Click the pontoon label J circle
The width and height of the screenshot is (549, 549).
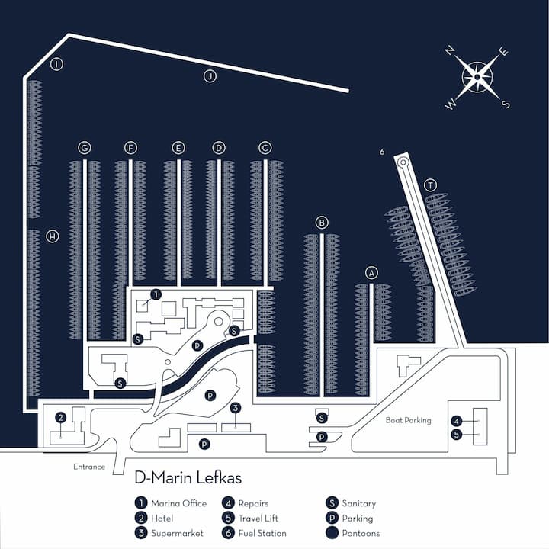(210, 75)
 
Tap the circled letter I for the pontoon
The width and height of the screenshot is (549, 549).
(56, 65)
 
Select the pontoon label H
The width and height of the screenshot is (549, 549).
(52, 236)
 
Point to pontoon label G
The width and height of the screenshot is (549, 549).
(85, 147)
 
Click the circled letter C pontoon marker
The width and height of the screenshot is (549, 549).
(265, 147)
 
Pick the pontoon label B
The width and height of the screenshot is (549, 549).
(322, 223)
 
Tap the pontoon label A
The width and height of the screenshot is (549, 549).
(371, 272)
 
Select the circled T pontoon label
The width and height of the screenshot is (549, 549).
(430, 185)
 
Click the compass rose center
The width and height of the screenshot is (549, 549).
(477, 77)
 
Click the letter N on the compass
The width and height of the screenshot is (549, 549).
(451, 50)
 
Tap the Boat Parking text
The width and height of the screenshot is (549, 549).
(408, 420)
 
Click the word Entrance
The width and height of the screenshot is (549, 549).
(89, 467)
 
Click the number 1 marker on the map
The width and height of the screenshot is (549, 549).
(156, 294)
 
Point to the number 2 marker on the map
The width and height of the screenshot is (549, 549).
(59, 417)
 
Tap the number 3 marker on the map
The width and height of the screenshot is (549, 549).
(236, 408)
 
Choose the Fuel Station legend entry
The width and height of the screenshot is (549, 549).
(255, 533)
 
